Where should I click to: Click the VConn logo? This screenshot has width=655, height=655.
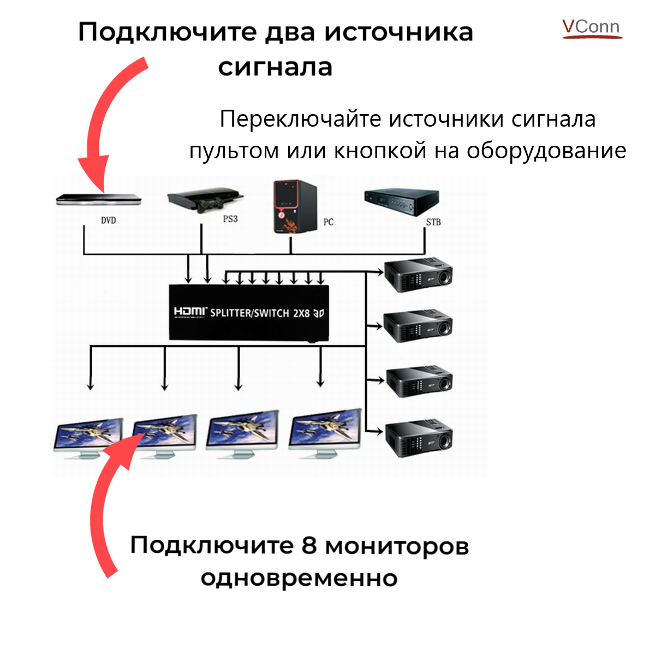pyautogui.click(x=592, y=28)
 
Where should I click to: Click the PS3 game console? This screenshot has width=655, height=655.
pyautogui.click(x=205, y=200)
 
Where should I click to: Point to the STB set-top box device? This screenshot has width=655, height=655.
pyautogui.click(x=401, y=201)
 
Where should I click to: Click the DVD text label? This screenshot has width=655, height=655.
pyautogui.click(x=108, y=221)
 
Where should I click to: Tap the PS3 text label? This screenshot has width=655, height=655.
pyautogui.click(x=230, y=219)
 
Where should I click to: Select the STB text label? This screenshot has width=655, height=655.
pyautogui.click(x=433, y=222)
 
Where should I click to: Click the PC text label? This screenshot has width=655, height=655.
pyautogui.click(x=328, y=222)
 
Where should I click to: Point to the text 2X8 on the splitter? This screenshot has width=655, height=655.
pyautogui.click(x=301, y=313)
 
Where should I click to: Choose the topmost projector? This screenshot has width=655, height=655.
pyautogui.click(x=419, y=275)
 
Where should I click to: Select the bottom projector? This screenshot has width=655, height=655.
pyautogui.click(x=419, y=438)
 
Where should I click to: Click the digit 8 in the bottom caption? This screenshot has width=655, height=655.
pyautogui.click(x=309, y=545)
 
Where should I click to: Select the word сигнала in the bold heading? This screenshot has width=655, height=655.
pyautogui.click(x=275, y=67)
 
